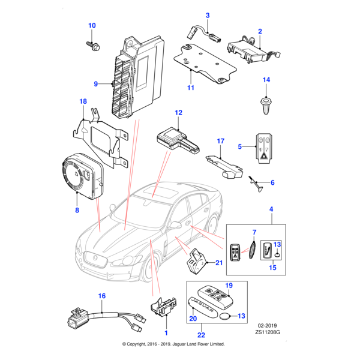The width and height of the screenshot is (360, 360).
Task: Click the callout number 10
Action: [x=92, y=25]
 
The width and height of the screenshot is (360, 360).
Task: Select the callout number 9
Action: [x=95, y=83]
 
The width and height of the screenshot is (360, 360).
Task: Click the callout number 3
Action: [x=208, y=15]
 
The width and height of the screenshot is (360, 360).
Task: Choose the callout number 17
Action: [x=220, y=142]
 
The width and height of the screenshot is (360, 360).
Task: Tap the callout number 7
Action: [x=254, y=232]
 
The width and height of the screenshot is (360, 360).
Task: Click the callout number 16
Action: [x=101, y=296]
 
